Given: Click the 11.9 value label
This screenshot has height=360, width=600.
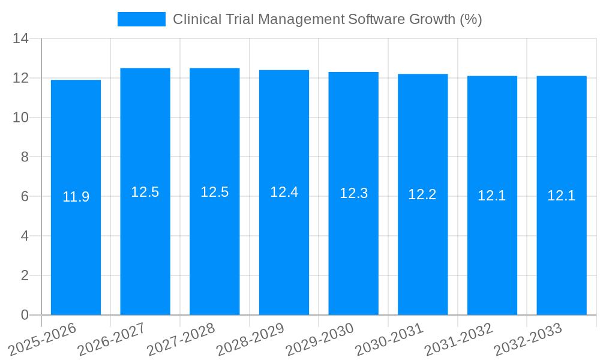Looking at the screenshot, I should point(76,197).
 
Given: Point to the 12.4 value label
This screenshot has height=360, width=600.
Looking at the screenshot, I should point(284,192).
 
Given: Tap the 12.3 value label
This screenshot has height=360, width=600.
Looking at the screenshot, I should point(353,193).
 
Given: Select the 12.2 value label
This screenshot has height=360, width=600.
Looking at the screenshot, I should point(422,194).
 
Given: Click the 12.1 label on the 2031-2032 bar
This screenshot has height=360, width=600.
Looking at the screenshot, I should point(492,196).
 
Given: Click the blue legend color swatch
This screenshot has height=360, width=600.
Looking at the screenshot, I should point(142,19).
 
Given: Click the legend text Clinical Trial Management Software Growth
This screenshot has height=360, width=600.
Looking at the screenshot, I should point(327,19).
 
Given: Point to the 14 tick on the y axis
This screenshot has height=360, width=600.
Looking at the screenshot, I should point(21,39).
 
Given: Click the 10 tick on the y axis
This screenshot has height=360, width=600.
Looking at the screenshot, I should point(21,118).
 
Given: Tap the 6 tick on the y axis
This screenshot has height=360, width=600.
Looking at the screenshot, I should point(25,197).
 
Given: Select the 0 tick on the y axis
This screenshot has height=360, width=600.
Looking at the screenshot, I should point(25,315).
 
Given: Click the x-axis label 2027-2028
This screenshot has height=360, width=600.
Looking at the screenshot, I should point(181,339).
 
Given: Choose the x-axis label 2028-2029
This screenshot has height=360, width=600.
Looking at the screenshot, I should point(250,339).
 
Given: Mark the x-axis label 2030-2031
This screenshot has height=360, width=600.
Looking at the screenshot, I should point(389,339).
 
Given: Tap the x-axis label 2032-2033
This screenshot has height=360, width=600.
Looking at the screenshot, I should point(528,339).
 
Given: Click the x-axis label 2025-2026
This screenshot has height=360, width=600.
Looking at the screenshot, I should point(43,339).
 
